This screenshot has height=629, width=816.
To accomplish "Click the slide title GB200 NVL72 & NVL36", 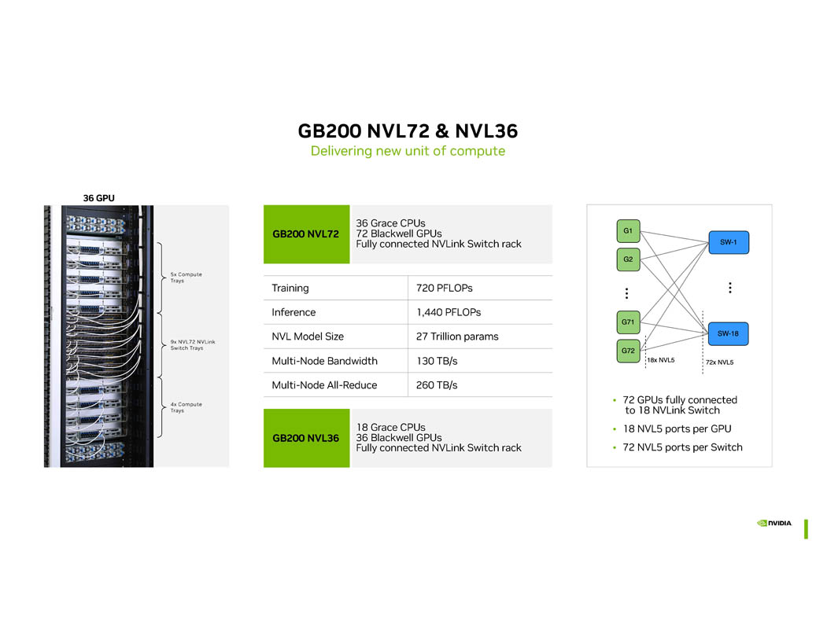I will [408, 131].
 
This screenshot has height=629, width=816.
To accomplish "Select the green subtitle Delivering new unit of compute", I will [408, 151].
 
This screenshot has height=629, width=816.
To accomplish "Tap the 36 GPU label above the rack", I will [99, 198].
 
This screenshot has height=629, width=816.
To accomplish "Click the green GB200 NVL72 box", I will [306, 234].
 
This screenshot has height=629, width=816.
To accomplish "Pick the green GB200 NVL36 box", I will [306, 438].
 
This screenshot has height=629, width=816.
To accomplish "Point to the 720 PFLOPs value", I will [444, 288].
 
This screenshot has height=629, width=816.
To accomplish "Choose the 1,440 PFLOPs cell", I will [449, 312].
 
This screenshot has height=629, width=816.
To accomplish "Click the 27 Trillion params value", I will [457, 337].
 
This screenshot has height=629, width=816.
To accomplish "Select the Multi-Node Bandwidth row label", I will [324, 361].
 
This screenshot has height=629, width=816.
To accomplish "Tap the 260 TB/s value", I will [437, 385].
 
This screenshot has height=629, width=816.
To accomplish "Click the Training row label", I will [290, 288].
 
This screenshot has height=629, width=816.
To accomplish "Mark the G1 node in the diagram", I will [628, 230].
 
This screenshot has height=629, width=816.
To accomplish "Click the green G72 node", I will [628, 351].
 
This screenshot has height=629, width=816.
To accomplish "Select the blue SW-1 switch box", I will [729, 242].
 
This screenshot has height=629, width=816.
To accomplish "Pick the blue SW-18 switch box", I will [729, 333].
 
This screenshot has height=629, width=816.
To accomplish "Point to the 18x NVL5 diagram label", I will [661, 361].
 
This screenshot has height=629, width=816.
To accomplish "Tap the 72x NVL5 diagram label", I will [719, 362].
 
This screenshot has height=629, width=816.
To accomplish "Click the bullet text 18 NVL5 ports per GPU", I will [677, 429].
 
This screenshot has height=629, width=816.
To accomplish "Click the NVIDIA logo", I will [774, 523].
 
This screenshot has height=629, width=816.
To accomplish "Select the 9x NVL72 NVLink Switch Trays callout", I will [192, 344].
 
